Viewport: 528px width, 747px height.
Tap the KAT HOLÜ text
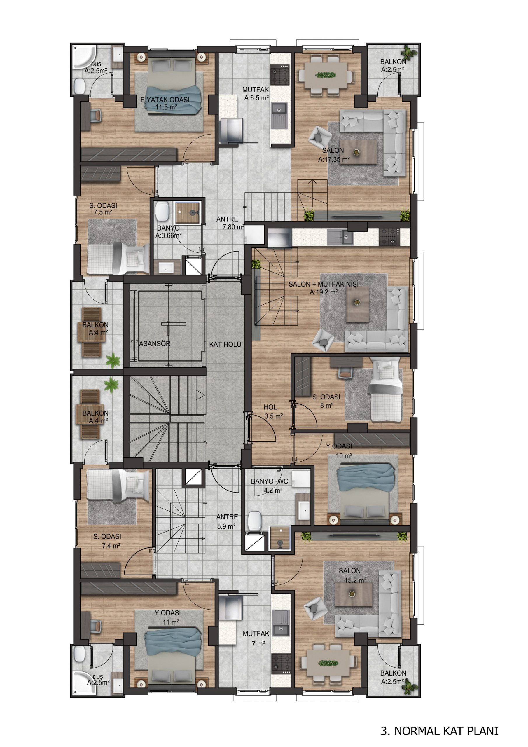tap(225, 344)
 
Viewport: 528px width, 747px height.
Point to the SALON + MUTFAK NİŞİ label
tap(324, 284)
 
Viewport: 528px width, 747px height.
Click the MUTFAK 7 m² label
tap(256, 638)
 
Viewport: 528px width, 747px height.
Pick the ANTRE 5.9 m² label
tap(227, 521)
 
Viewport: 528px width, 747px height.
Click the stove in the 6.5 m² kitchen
tap(280, 75)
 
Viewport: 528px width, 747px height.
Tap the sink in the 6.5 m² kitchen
tap(279, 115)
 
